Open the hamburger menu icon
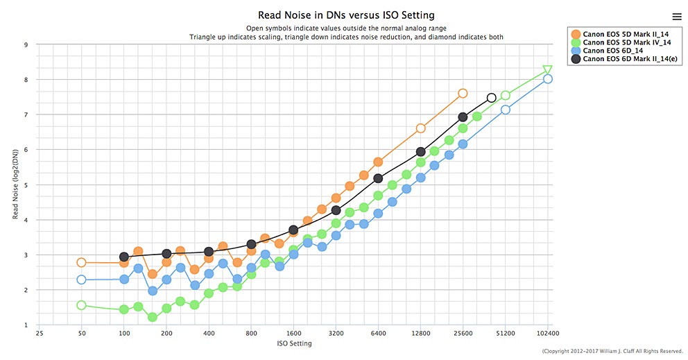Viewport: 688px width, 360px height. pyautogui.click(x=677, y=17)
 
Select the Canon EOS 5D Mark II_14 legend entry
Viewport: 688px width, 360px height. pyautogui.click(x=620, y=33)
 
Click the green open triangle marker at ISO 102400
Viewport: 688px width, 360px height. pyautogui.click(x=547, y=69)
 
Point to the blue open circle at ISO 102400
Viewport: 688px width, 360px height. pyautogui.click(x=548, y=79)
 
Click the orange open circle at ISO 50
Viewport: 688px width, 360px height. pyautogui.click(x=81, y=263)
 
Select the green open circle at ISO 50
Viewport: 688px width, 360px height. pyautogui.click(x=81, y=305)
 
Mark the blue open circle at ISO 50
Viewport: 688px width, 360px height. pyautogui.click(x=81, y=280)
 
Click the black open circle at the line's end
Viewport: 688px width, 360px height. pyautogui.click(x=491, y=98)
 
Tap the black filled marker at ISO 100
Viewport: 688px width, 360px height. pyautogui.click(x=124, y=257)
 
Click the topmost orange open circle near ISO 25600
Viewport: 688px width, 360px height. pyautogui.click(x=463, y=93)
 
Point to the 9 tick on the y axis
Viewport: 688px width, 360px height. pyautogui.click(x=26, y=45)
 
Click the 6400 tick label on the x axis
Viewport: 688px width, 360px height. pyautogui.click(x=378, y=333)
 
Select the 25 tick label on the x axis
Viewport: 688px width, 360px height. pyautogui.click(x=40, y=333)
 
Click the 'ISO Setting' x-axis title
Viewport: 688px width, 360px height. pyautogui.click(x=293, y=343)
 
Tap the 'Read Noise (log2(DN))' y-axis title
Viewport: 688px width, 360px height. pyautogui.click(x=15, y=185)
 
